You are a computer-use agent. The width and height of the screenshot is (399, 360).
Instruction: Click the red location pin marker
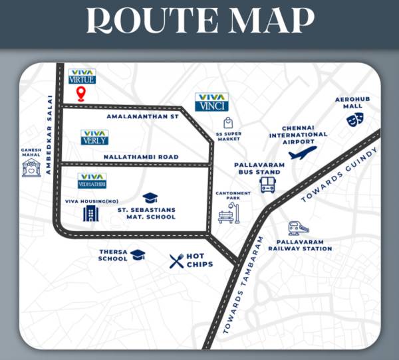tap(82, 94)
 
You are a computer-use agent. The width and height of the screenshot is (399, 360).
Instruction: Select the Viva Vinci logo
tap(212, 102)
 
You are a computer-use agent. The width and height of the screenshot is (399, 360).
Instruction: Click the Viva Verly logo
tap(94, 137)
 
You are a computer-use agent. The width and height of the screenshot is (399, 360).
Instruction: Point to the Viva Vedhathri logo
tap(92, 180)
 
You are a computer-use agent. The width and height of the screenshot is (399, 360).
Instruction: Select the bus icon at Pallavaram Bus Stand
tap(268, 184)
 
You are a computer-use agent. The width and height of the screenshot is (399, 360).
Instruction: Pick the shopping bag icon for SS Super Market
tap(228, 122)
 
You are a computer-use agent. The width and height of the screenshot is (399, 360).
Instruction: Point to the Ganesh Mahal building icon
tap(31, 167)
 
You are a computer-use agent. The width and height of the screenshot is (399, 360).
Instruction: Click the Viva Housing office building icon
tap(90, 214)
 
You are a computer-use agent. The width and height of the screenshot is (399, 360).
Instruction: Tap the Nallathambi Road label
tap(140, 157)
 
